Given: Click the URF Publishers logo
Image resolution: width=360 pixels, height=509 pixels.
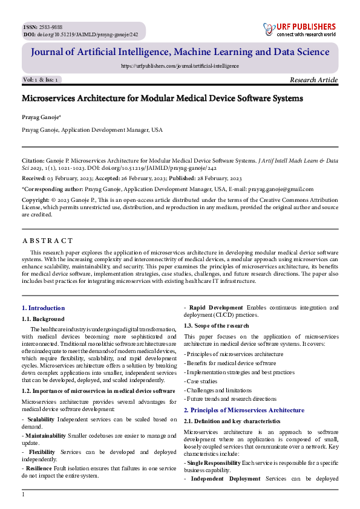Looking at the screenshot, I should [x=299, y=30].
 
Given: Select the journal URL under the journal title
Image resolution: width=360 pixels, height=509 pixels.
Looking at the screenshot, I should [x=180, y=66].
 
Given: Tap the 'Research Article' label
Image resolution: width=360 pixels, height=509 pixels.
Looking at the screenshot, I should [x=313, y=80].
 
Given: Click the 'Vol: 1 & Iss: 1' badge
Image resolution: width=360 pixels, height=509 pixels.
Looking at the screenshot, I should [x=41, y=80].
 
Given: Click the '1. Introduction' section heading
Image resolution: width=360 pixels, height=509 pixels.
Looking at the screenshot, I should [x=43, y=308].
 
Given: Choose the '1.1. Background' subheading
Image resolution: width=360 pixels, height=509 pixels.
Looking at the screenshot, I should [x=43, y=319].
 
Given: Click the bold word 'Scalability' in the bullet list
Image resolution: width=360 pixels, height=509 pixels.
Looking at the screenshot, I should [x=41, y=419].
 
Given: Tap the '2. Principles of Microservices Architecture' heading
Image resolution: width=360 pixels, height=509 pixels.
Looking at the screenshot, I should [x=244, y=410].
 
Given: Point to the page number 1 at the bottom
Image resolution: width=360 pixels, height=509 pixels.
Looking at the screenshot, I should [x=23, y=495].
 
